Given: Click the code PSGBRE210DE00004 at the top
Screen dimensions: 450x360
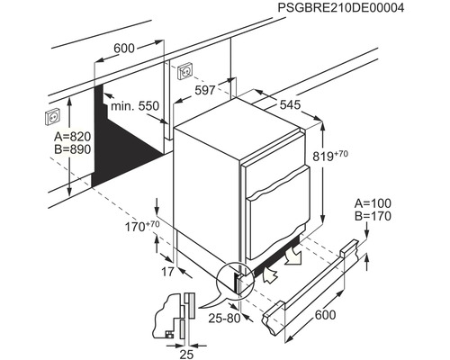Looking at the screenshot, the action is coord(340,8).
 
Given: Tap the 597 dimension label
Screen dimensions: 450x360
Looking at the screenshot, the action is coord(205,90).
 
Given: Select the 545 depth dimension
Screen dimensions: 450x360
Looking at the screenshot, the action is coord(290,104).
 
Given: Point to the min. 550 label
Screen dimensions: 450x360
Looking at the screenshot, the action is coord(135,106).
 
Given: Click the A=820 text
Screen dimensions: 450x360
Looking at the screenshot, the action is coord(73,137).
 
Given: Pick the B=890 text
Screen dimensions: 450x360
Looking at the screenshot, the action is coord(73,149).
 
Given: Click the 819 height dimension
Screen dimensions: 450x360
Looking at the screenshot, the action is coord(330,156).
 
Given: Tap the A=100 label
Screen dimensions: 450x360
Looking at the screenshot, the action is coord(373,203).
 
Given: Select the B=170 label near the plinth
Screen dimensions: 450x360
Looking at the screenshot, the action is coord(373,216).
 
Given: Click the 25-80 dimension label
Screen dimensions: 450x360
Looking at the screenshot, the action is coord(225,319).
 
